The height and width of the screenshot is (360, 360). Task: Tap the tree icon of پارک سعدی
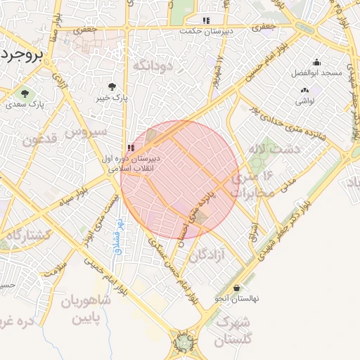coord(25,93)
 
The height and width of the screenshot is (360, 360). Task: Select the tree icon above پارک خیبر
coord(112,86)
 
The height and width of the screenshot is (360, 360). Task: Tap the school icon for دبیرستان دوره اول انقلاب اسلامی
coord(131,148)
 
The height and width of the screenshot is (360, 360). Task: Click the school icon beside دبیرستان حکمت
coord(206,21)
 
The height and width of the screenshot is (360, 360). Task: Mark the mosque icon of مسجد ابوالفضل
coord(316,62)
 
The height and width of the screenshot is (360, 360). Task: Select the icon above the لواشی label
coord(304,90)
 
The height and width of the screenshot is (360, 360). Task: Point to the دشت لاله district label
coord(274,150)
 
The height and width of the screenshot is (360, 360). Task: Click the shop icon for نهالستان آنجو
coord(236,288)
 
